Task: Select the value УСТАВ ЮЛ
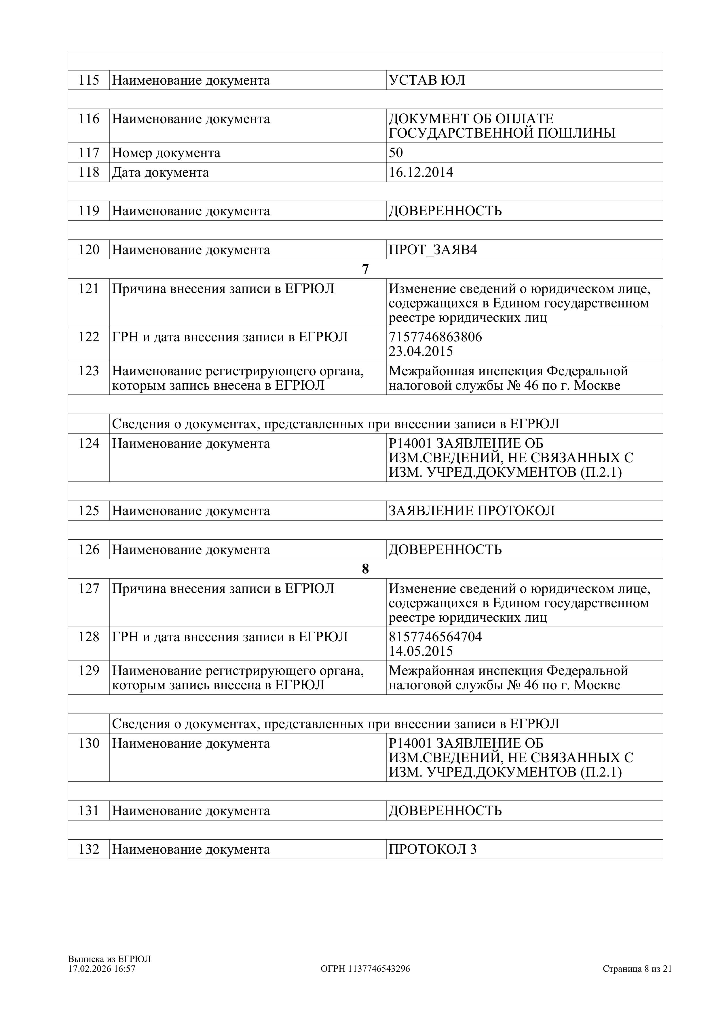point(427,81)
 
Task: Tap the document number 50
point(396,153)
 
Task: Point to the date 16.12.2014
point(421,172)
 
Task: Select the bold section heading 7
point(365,269)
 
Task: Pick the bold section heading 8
point(365,569)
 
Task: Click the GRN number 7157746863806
point(435,337)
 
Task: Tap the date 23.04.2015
point(421,351)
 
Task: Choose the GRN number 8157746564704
point(435,637)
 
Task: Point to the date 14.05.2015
point(421,651)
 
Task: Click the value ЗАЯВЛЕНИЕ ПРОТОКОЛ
point(472,511)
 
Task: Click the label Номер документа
point(166,153)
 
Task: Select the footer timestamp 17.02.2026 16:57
point(102,969)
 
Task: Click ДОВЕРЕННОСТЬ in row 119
point(445,211)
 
